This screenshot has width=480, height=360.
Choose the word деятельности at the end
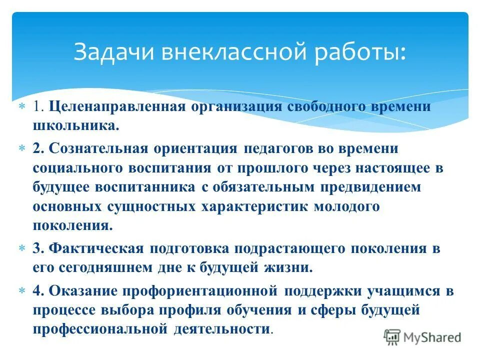tap(222, 329)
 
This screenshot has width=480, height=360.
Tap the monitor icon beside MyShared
tap(392, 336)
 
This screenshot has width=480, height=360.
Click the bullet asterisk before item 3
tap(21, 248)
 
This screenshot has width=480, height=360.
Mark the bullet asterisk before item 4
tap(21, 291)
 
